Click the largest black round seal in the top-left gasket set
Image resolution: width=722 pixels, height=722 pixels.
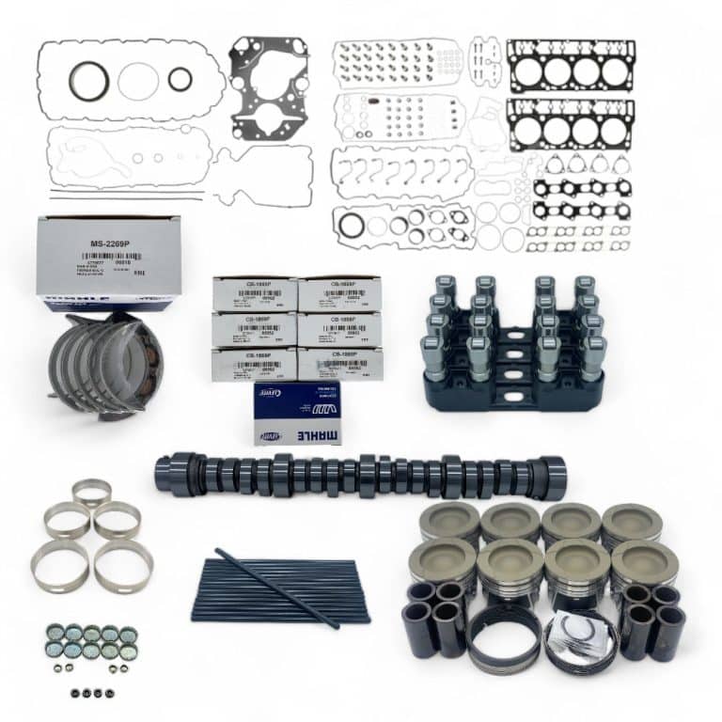(x=89, y=80)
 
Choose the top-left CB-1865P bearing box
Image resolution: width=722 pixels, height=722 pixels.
(x=254, y=294)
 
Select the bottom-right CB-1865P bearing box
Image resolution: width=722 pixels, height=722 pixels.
(x=340, y=364)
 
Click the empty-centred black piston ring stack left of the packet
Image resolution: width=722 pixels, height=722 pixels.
(x=504, y=639)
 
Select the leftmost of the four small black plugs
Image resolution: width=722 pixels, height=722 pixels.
(x=74, y=693)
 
